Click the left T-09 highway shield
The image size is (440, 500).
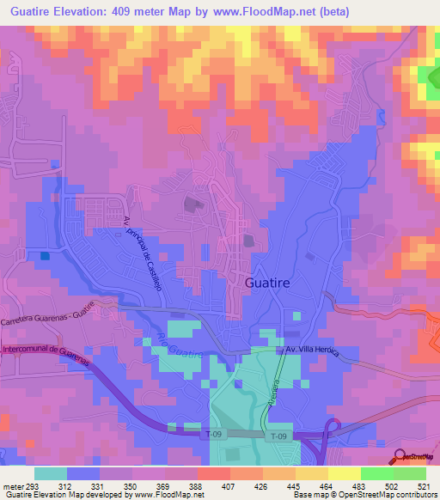tap(215, 436)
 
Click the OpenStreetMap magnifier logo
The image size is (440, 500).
tap(398, 456)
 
